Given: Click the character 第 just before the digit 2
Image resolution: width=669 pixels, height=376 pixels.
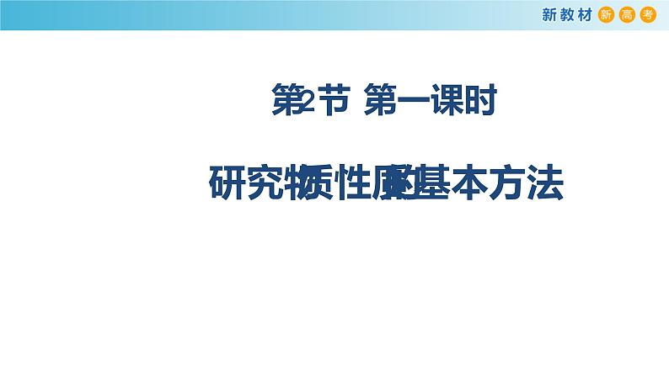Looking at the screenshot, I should (x=286, y=103).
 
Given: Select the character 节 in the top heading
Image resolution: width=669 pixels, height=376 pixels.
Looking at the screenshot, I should (x=331, y=103).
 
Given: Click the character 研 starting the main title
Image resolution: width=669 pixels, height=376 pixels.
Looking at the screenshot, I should (x=227, y=183).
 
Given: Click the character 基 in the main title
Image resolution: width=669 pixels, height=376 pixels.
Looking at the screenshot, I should (x=438, y=183).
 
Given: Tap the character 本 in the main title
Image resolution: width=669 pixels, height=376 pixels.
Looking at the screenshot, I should (x=474, y=183).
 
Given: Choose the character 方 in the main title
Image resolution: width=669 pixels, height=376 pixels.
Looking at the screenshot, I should (x=511, y=183).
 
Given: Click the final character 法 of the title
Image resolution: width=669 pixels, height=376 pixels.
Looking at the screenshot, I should (x=546, y=183).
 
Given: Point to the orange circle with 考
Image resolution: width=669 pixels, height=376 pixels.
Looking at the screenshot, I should (x=647, y=15).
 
